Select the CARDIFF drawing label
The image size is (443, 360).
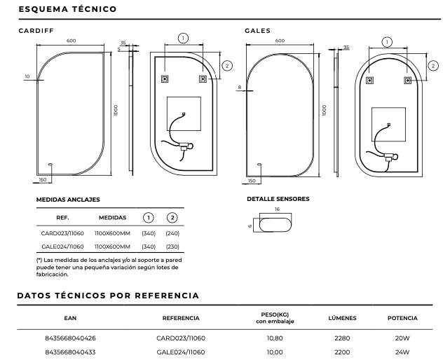click(x=35, y=31)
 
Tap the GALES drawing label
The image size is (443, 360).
click(x=257, y=31)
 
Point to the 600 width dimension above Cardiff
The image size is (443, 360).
click(x=71, y=41)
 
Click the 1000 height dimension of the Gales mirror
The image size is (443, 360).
click(x=325, y=110)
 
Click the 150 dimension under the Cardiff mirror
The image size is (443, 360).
click(x=43, y=180)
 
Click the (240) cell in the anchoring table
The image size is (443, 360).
click(x=172, y=233)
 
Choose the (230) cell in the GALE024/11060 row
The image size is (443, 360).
click(x=172, y=247)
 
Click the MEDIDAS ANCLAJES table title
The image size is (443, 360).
click(x=68, y=200)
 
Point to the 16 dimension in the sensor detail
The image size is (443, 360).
click(x=277, y=209)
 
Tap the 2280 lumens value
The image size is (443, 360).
click(x=342, y=338)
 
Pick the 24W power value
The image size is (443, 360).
click(x=402, y=352)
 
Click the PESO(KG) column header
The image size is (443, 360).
click(x=271, y=314)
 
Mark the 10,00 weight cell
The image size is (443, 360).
click(x=271, y=352)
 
